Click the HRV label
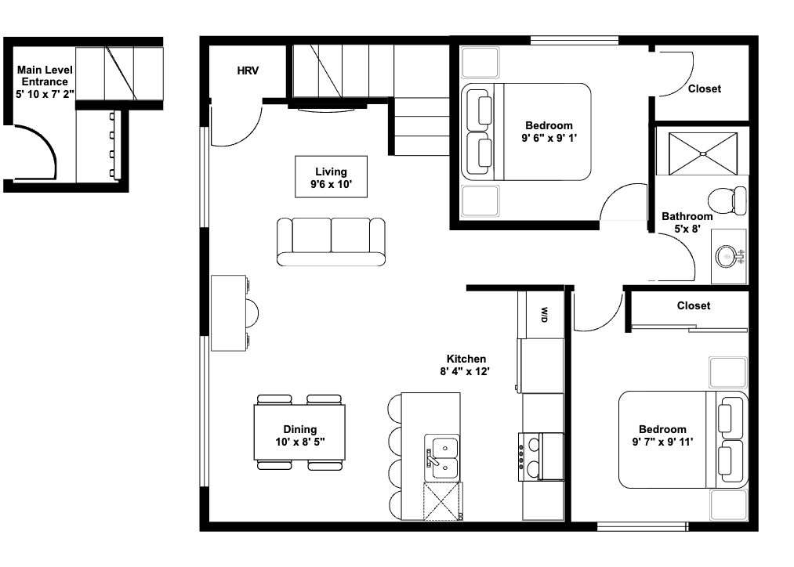coord(248,70)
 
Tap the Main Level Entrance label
coord(45,81)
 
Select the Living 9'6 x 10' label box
coord(330,178)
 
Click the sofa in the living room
coord(331,241)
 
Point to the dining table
coord(299,432)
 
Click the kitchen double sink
coord(442,457)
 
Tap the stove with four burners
coord(541,457)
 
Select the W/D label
coord(543,314)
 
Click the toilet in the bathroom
coord(728,200)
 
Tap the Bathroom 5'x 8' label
coord(687,222)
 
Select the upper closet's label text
coord(704,88)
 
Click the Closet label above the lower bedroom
coord(693,305)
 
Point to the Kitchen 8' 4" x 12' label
coord(466,365)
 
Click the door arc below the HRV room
coord(238,125)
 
